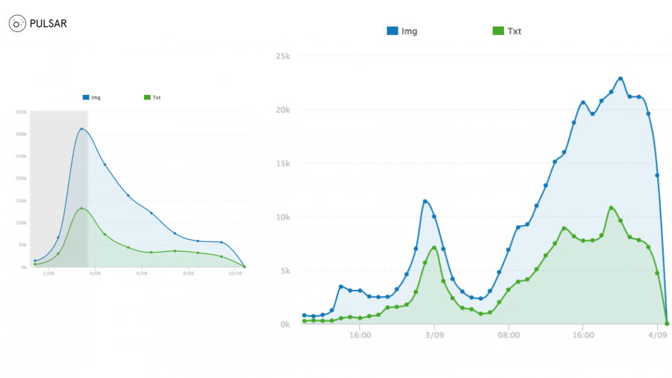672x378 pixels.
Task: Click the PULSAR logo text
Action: point(48,24)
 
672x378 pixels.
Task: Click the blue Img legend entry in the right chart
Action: point(402,31)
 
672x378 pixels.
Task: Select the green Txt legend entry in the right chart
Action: point(507,31)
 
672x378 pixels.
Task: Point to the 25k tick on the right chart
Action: point(282,56)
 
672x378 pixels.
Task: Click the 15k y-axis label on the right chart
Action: point(282,164)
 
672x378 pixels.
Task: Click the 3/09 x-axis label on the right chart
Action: point(435,335)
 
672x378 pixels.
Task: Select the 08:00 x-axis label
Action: point(508,335)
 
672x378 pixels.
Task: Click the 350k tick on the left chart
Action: point(21,112)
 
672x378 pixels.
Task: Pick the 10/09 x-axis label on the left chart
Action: point(234,273)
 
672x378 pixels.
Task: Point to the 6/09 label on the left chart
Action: point(142,273)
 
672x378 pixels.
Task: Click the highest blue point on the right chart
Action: point(620,78)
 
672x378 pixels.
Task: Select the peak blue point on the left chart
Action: point(81,129)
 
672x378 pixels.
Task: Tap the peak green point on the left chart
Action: point(81,208)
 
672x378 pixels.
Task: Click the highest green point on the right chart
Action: point(612,208)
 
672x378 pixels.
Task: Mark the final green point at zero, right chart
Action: point(667,323)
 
